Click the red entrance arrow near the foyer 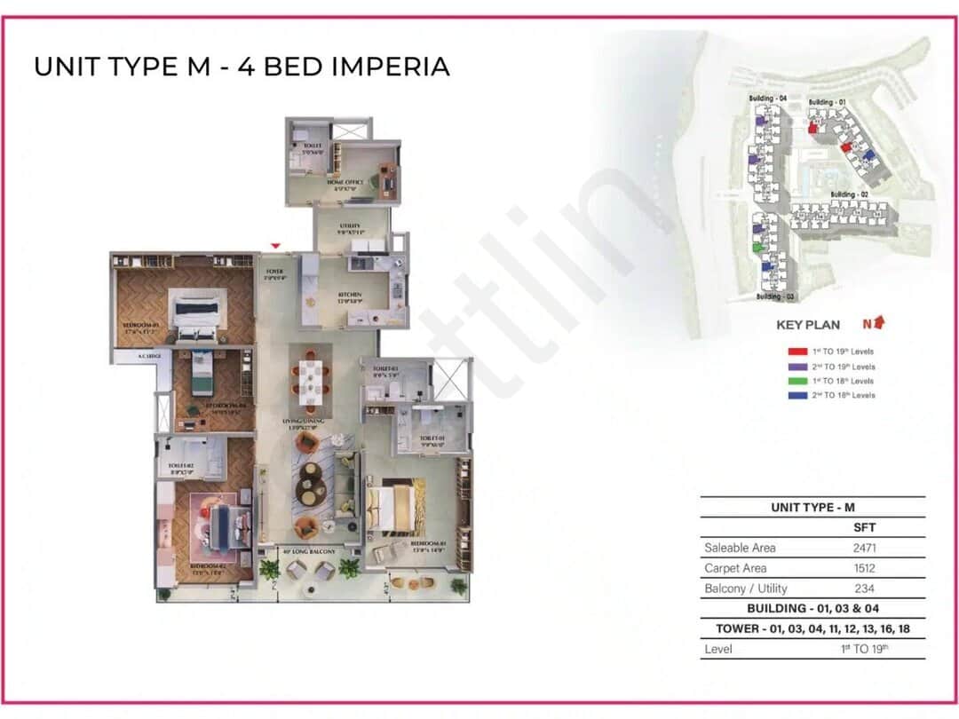coord(276,246)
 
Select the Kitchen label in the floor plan coord(349,296)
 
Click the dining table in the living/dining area coord(310,379)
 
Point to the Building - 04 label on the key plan coord(767,97)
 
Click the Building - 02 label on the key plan coord(848,194)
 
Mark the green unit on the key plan coord(757,248)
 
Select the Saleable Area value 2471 coord(865,548)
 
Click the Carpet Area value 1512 coord(865,568)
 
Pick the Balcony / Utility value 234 coord(865,589)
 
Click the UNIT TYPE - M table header coord(812,508)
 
